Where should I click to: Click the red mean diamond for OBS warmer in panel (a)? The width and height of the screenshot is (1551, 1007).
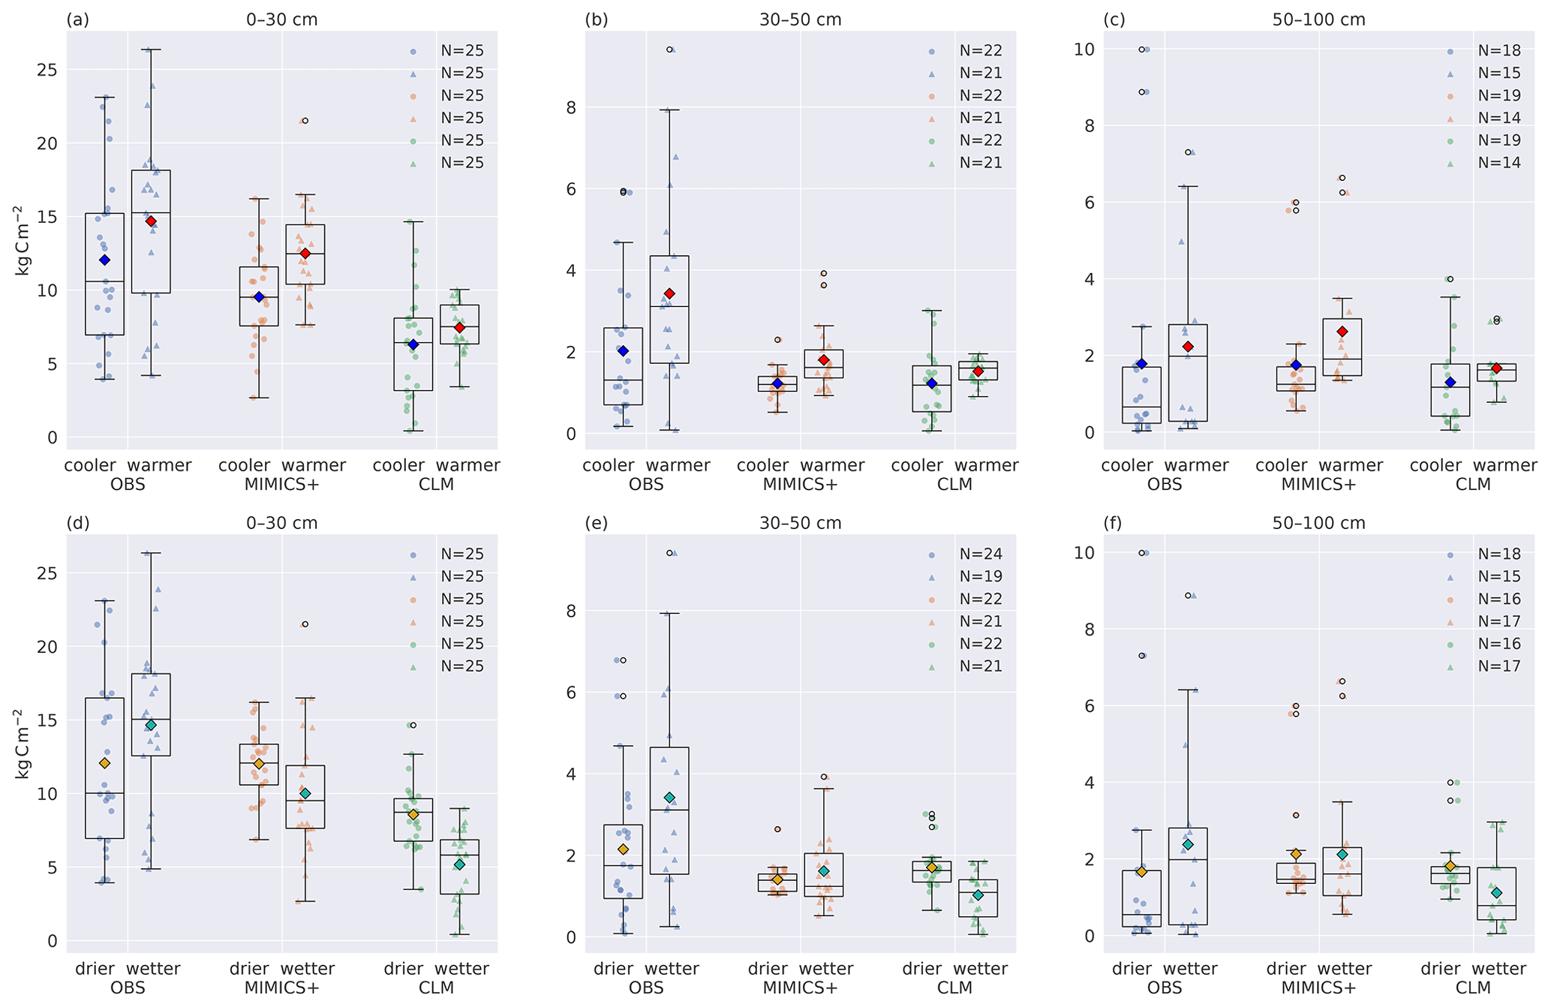151,221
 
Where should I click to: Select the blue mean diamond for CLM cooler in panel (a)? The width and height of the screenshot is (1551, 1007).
413,344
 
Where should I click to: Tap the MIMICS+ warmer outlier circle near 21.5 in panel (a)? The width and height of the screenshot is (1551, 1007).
305,121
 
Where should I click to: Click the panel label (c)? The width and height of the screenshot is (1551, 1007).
1114,20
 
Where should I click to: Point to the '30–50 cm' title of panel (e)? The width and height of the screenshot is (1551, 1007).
800,523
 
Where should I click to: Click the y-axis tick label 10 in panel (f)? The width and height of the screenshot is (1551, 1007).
1084,553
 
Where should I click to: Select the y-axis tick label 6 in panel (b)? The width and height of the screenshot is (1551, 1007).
572,189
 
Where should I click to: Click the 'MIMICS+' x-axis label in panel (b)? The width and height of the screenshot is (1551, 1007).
800,485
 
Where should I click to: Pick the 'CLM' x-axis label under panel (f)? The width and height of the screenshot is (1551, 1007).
1473,988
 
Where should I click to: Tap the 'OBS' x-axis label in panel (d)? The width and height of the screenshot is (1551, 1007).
128,988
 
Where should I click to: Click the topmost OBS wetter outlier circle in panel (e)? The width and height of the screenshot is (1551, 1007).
669,553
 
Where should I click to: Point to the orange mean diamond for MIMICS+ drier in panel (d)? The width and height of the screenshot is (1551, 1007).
259,764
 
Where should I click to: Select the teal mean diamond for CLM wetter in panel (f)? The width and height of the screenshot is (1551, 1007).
1496,893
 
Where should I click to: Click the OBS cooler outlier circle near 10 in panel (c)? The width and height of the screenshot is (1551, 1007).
1141,50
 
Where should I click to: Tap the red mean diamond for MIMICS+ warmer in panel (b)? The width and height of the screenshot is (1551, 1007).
823,360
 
